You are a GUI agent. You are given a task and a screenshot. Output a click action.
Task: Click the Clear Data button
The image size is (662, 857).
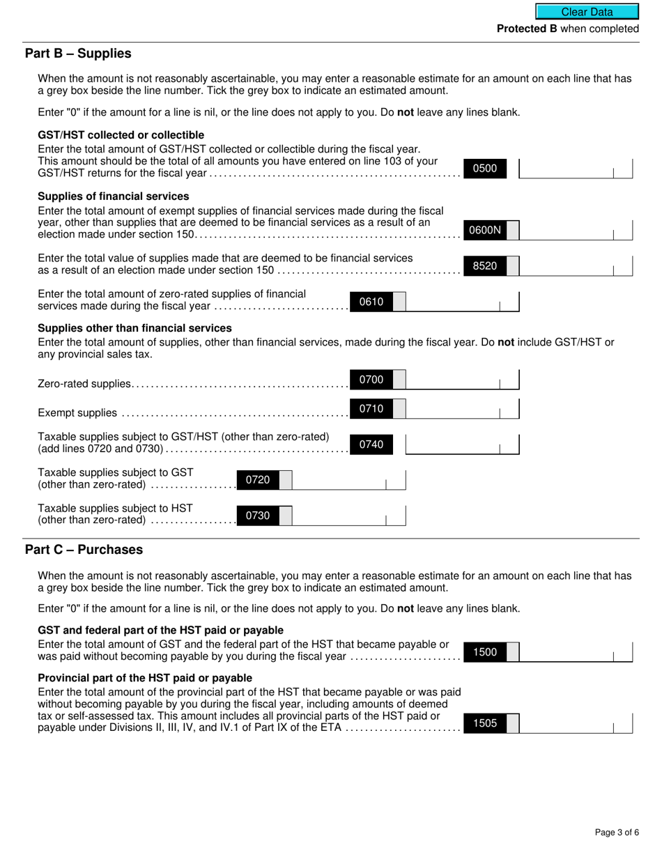coord(587,12)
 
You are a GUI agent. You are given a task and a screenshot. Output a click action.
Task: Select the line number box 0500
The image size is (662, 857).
coord(485,168)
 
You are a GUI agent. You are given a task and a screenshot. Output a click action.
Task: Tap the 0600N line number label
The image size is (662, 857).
coord(485,230)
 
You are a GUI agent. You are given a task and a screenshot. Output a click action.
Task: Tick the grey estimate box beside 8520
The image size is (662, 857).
coord(512,265)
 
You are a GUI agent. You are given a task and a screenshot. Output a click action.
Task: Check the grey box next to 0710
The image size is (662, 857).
coord(399,408)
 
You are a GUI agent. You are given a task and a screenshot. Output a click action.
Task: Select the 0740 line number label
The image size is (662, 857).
coord(371,445)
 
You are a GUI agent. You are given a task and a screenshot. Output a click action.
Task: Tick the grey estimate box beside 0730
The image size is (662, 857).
coord(285,516)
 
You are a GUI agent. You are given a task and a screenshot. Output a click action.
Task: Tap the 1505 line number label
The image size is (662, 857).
coord(485,723)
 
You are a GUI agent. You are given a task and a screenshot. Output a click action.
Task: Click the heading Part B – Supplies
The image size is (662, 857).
coord(78,54)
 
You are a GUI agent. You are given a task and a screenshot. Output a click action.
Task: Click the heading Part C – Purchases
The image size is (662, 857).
coord(84,550)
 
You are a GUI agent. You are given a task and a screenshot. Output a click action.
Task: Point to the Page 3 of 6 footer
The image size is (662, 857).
coord(617,832)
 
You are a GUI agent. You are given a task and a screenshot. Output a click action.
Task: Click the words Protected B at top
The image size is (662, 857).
coord(527,29)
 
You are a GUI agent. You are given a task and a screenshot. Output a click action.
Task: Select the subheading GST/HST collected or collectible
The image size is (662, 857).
coord(121,134)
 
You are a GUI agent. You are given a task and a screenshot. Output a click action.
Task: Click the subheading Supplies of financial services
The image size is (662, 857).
coord(113,196)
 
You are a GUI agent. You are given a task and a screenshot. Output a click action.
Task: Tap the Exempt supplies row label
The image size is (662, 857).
coord(77,413)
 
